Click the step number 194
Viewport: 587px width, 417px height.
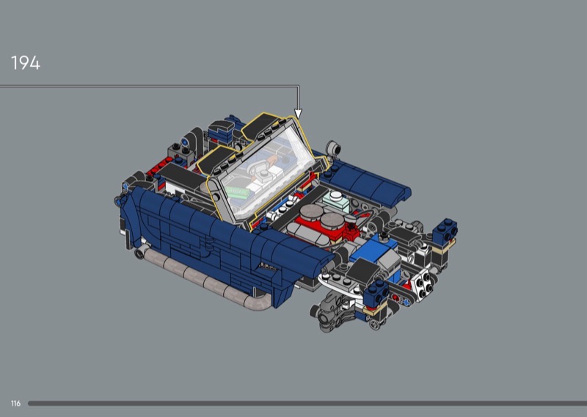[x=26, y=63]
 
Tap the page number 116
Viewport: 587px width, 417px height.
[x=15, y=404]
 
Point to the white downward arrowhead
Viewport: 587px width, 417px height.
[x=298, y=113]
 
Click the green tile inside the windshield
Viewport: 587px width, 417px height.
[x=237, y=192]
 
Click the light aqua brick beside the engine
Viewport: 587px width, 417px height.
[x=336, y=200]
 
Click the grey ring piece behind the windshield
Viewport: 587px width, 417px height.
[x=333, y=148]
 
